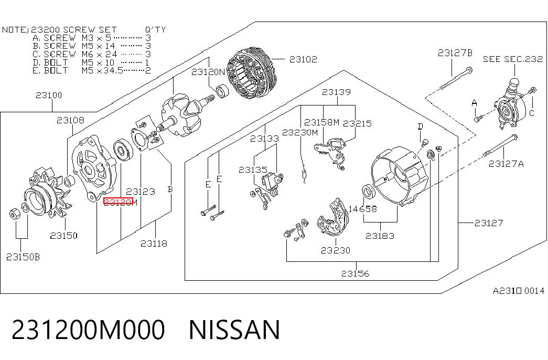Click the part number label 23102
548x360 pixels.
pyautogui.click(x=303, y=59)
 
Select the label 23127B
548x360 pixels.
pyautogui.click(x=455, y=53)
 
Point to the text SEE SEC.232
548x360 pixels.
pyautogui.click(x=513, y=59)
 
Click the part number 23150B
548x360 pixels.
pyautogui.click(x=23, y=257)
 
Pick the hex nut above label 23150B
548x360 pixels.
pyautogui.click(x=14, y=213)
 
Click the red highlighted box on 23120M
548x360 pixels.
pyautogui.click(x=118, y=202)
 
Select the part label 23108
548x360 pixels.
pyautogui.click(x=70, y=120)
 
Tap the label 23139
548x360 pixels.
pyautogui.click(x=336, y=92)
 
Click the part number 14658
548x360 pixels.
pyautogui.click(x=362, y=209)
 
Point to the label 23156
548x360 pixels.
pyautogui.click(x=355, y=273)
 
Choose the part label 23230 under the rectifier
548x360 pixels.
pyautogui.click(x=335, y=250)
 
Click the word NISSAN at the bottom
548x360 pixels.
pyautogui.click(x=234, y=330)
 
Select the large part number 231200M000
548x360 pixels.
pyautogui.click(x=88, y=330)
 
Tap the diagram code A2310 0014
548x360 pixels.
pyautogui.click(x=519, y=291)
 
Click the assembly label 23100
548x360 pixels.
pyautogui.click(x=49, y=95)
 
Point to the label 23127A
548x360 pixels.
pyautogui.click(x=506, y=164)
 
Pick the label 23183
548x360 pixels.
pyautogui.click(x=380, y=236)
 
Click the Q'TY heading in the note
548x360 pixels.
pyautogui.click(x=155, y=30)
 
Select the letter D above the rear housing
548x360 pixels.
pyautogui.click(x=421, y=126)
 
